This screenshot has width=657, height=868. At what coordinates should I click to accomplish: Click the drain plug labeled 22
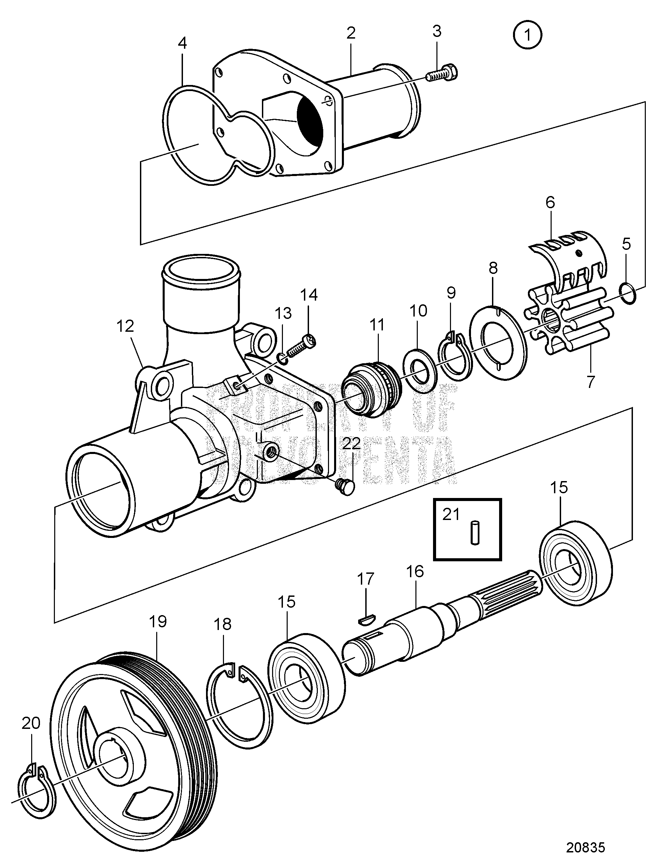pos(345,487)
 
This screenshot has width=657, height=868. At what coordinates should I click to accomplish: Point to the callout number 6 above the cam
pos(550,202)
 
